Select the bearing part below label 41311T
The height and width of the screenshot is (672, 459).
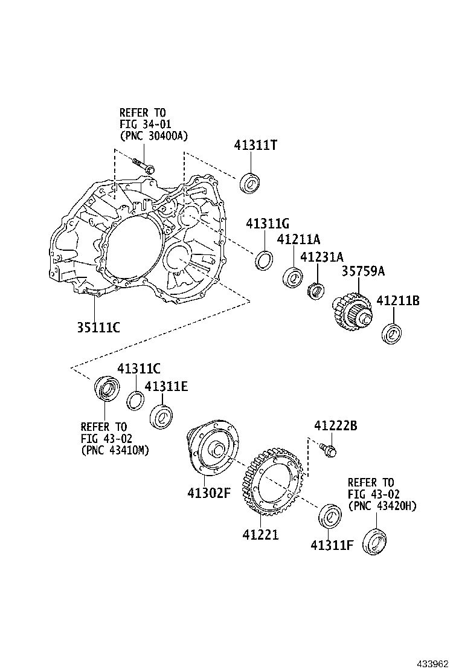pyautogui.click(x=249, y=183)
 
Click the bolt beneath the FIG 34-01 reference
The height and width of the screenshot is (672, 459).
pyautogui.click(x=143, y=165)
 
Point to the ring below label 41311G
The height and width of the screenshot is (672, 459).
pyautogui.click(x=263, y=260)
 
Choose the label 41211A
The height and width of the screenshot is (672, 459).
pyautogui.click(x=298, y=239)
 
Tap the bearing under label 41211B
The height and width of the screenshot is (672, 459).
pyautogui.click(x=393, y=334)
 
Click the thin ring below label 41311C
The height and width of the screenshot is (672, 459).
pyautogui.click(x=136, y=399)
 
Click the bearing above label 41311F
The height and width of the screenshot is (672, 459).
pyautogui.click(x=329, y=515)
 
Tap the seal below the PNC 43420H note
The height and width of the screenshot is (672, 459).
pyautogui.click(x=375, y=541)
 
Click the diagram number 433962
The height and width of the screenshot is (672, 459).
pyautogui.click(x=431, y=663)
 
